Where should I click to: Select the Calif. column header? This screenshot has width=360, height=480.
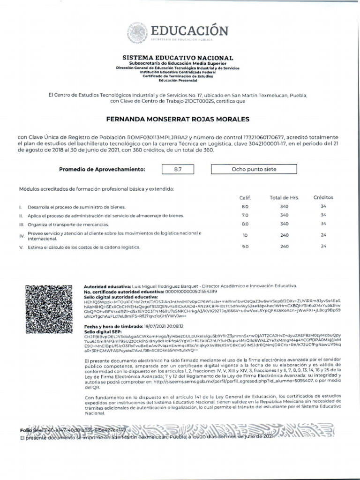(245, 198)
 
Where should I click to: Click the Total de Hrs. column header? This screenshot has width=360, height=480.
(284, 198)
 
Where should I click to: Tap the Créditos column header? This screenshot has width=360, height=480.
(323, 198)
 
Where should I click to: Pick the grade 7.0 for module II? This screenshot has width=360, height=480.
(245, 215)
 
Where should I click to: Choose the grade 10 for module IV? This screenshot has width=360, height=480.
(245, 235)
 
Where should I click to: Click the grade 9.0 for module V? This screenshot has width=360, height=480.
(245, 247)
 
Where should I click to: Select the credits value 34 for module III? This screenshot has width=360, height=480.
(323, 224)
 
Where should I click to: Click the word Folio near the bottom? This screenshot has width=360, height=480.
(26, 430)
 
